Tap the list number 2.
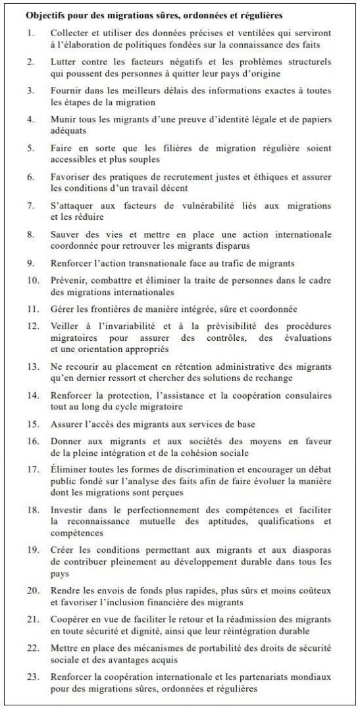tap(30, 61)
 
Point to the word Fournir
tap(68, 90)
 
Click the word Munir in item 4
tap(64, 119)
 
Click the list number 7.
tap(30, 206)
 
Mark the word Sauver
tap(66, 234)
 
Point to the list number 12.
tap(32, 327)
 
